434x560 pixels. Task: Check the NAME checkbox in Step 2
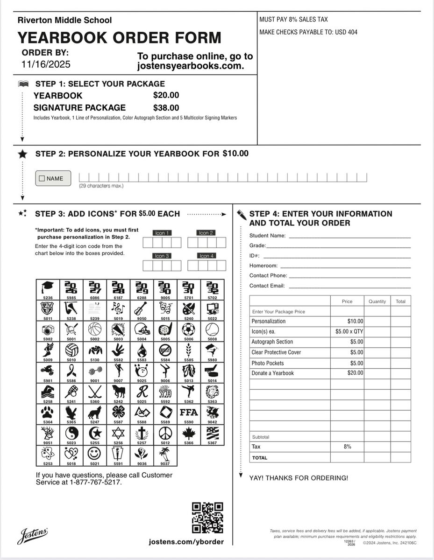[x=42, y=178]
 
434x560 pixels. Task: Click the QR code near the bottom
[x=208, y=518]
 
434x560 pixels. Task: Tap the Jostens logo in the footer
[x=32, y=536]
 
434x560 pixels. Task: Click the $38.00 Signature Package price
[x=166, y=108]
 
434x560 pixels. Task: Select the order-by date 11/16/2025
[x=46, y=64]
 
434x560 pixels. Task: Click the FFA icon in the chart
[x=189, y=413]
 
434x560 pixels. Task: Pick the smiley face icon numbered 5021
[x=94, y=453]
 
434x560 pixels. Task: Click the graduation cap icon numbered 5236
[x=47, y=287]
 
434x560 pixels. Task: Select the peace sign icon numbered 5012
[x=165, y=433]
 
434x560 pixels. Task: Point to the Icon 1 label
[x=162, y=233]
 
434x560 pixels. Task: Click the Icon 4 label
[x=206, y=256]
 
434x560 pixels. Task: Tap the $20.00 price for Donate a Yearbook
[x=355, y=373]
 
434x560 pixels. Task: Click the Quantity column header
[x=377, y=301]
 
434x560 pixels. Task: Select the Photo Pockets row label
[x=268, y=363]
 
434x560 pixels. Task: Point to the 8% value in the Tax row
[x=347, y=447]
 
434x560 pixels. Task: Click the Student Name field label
[x=267, y=236]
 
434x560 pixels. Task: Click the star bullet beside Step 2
[x=22, y=154]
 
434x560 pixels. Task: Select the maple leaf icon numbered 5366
[x=189, y=433]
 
